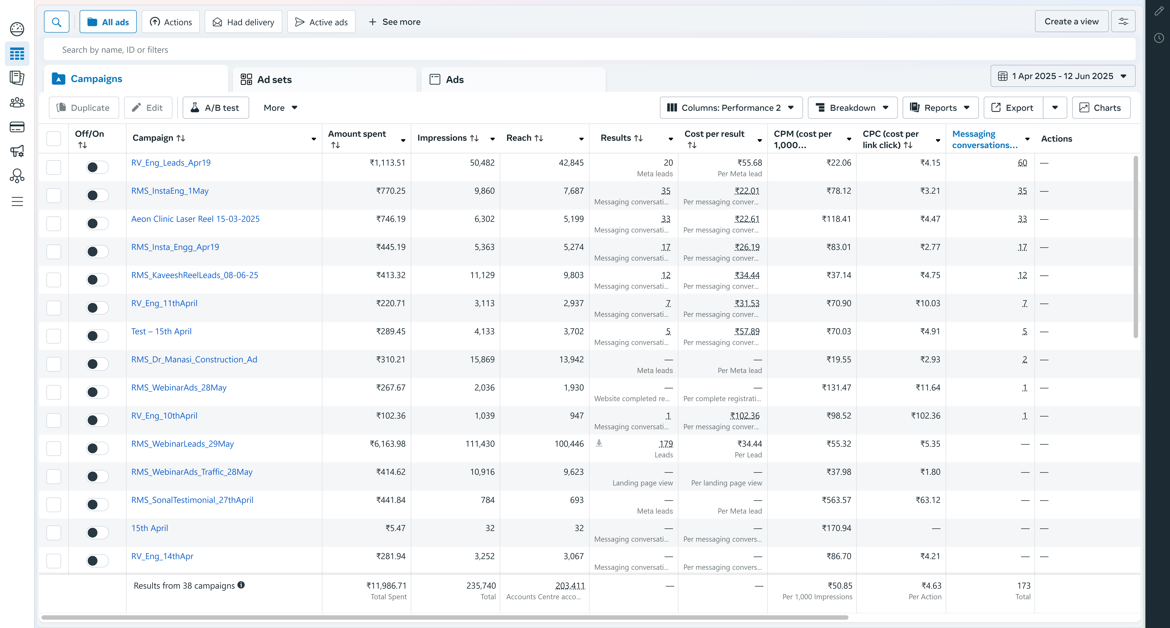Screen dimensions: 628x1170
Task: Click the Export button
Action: (x=1013, y=108)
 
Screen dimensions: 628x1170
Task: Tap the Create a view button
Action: (x=1071, y=21)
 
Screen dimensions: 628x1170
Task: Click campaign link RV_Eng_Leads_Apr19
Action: (x=171, y=163)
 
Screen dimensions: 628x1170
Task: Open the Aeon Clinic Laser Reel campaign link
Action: (x=195, y=219)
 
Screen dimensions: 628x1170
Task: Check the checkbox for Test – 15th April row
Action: (x=54, y=336)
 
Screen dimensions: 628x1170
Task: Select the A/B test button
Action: (x=216, y=108)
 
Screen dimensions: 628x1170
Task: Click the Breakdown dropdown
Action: (x=852, y=108)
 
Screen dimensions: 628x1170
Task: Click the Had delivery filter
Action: (x=243, y=22)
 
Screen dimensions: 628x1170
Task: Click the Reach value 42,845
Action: (x=571, y=163)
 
